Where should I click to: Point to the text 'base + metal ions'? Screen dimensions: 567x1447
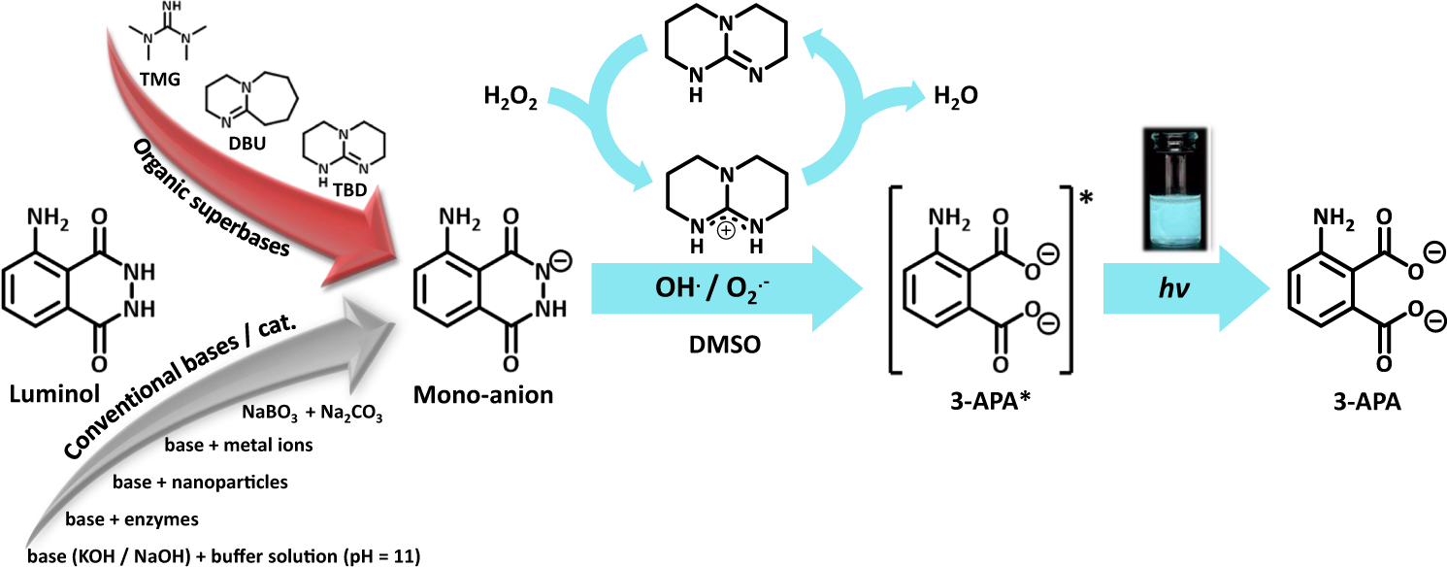tap(244, 446)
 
